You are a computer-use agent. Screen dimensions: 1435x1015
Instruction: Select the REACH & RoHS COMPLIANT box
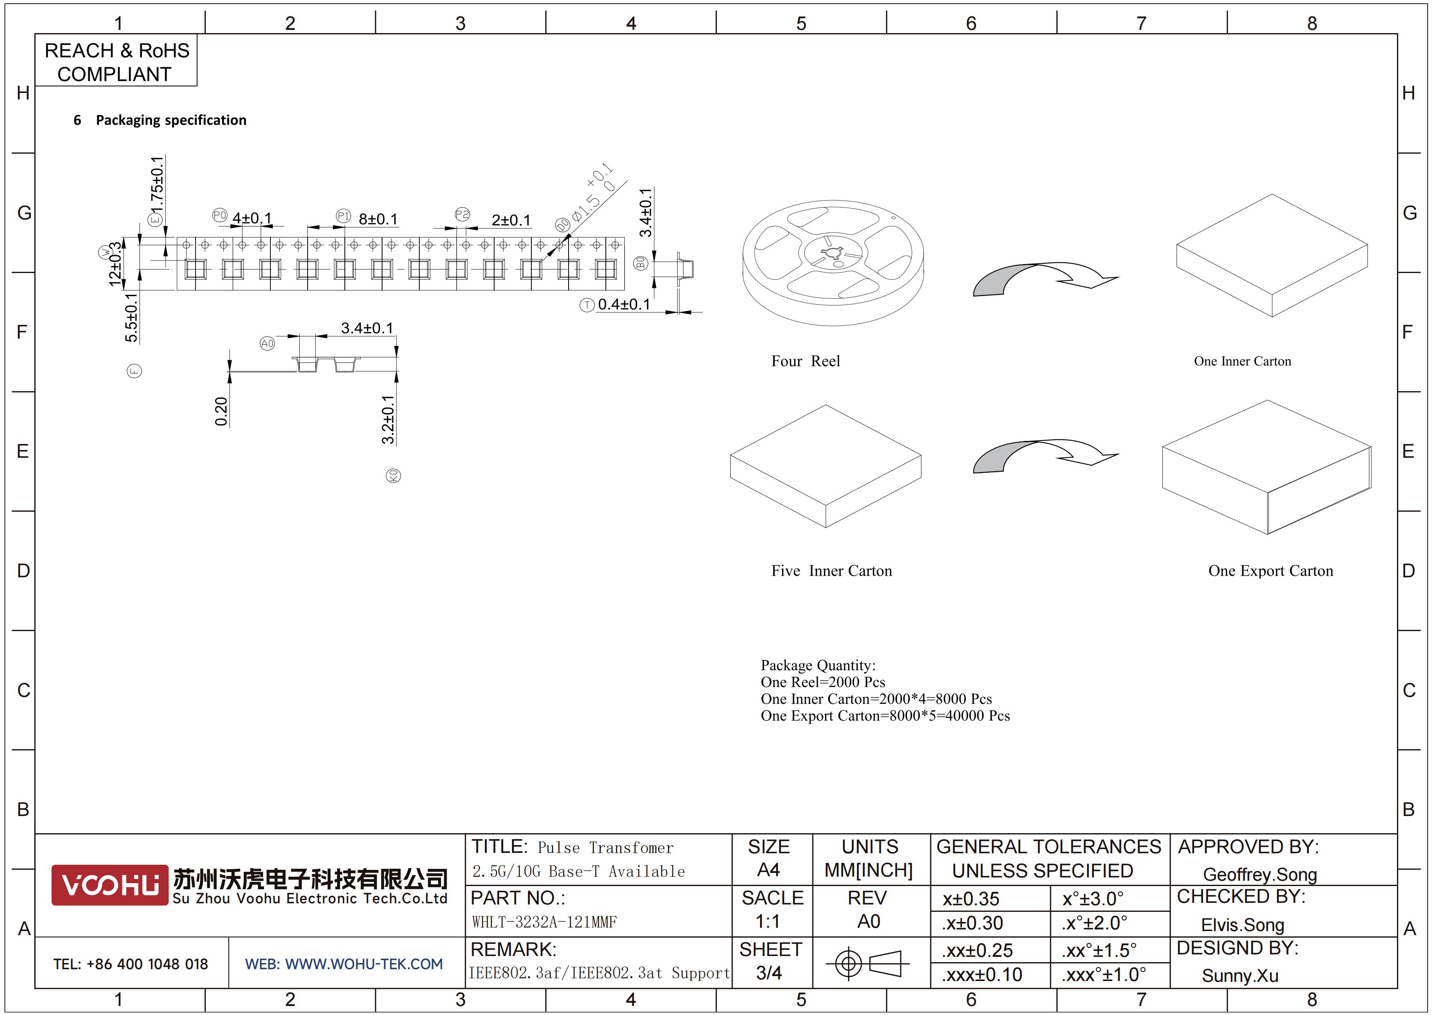click(116, 61)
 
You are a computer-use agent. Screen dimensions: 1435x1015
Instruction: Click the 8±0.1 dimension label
click(378, 219)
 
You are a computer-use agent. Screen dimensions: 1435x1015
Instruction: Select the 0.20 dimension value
click(221, 411)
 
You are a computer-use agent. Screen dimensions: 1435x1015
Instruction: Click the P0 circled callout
click(219, 215)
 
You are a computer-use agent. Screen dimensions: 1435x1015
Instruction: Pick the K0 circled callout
click(393, 476)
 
